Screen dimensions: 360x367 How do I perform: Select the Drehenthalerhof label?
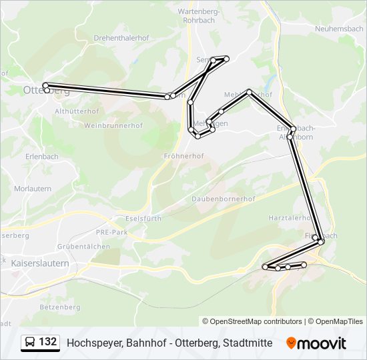tap(121, 38)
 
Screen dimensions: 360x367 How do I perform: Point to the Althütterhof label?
tap(77, 111)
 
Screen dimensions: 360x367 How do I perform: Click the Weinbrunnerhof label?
tap(113, 125)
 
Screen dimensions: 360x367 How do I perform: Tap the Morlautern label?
tap(33, 189)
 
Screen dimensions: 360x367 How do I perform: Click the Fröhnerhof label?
tap(183, 155)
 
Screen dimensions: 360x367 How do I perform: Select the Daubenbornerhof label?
tap(224, 199)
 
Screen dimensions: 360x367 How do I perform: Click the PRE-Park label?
tap(111, 232)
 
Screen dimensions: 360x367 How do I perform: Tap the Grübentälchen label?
tap(83, 246)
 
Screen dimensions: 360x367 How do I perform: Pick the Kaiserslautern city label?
tap(40, 263)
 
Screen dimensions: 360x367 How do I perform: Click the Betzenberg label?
tap(59, 307)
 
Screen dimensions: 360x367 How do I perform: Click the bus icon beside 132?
tap(30, 343)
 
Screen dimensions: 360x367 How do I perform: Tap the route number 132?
tap(48, 342)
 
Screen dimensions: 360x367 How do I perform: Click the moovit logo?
tap(316, 343)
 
